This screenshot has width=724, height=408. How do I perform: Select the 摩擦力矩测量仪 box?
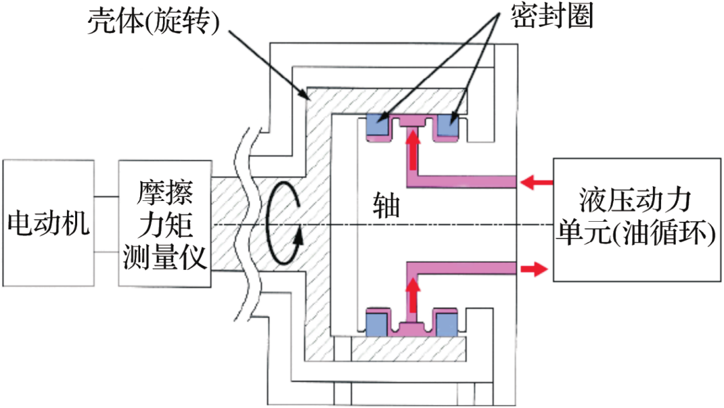(165, 224)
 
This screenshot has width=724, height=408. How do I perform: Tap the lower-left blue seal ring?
(379, 325)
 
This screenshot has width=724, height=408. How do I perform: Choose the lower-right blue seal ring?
(448, 325)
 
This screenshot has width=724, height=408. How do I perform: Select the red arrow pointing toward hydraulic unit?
(534, 269)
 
